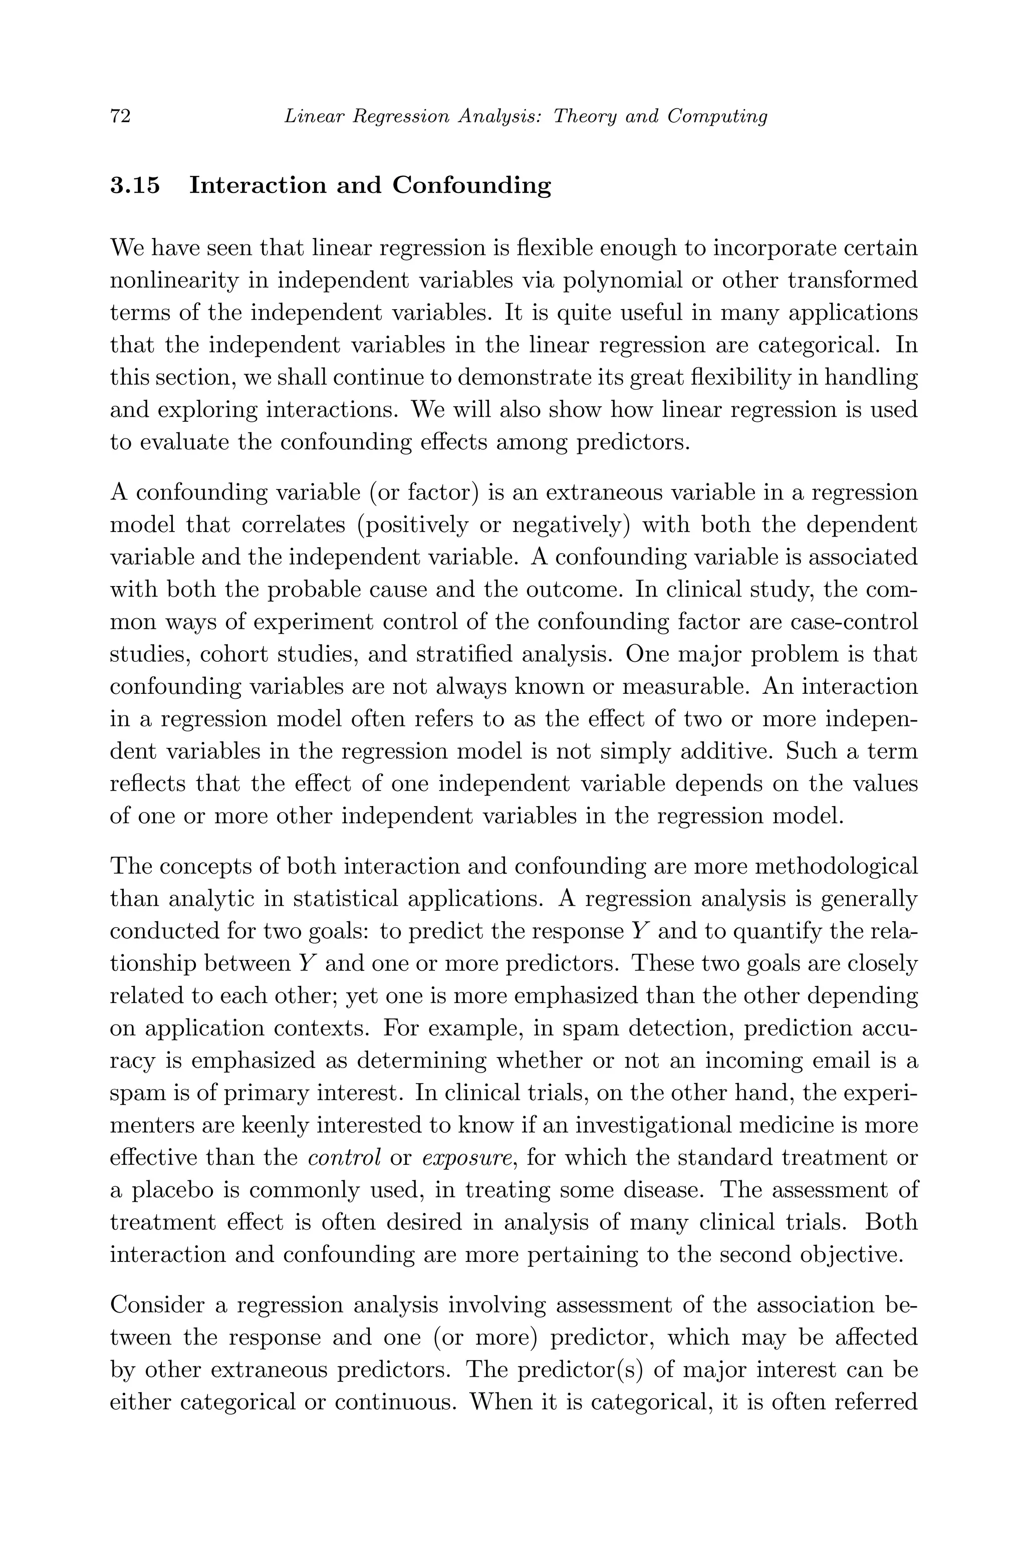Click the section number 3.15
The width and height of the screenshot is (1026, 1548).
135,186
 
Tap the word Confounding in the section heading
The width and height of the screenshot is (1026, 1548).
471,186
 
